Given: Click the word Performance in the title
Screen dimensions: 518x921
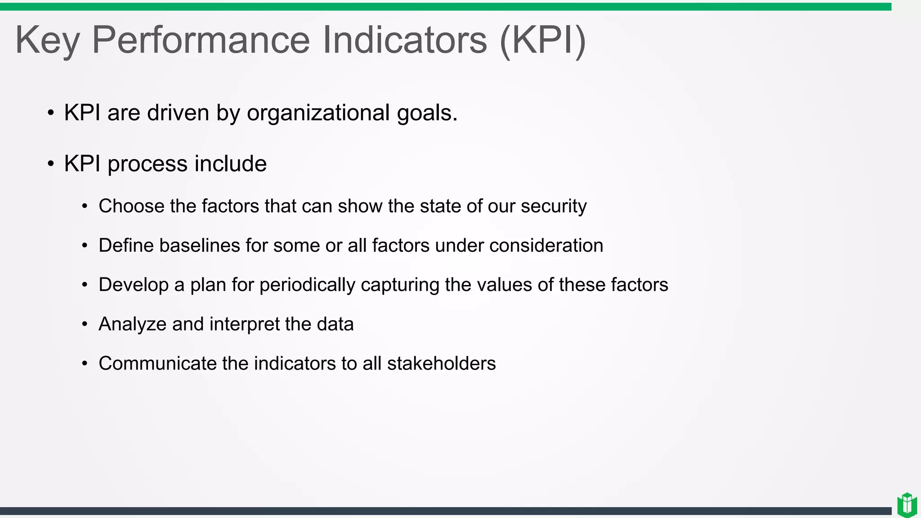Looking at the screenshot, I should [201, 40].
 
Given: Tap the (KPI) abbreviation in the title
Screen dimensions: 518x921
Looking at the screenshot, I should [543, 40].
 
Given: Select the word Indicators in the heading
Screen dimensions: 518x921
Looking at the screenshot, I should [405, 40].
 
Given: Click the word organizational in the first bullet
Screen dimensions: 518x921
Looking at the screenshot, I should [318, 113].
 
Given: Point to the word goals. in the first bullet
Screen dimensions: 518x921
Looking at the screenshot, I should [427, 113].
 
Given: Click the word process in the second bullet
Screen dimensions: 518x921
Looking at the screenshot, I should [147, 164].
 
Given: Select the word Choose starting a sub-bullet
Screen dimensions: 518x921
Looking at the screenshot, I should [131, 206].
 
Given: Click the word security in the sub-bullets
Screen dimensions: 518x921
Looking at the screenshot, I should [554, 206].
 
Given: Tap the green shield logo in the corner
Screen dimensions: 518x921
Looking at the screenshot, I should [907, 505].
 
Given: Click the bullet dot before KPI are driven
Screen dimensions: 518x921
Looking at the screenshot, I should [51, 113].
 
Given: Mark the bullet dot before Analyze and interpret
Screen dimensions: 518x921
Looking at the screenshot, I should [85, 324].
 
